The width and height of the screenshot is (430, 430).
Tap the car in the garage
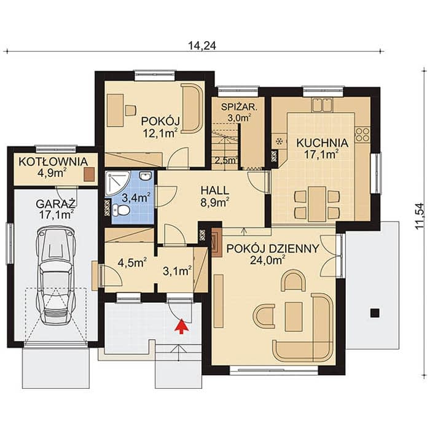[57, 275]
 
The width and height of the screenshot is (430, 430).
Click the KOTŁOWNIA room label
[53, 162]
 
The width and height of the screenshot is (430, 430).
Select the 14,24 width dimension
[202, 45]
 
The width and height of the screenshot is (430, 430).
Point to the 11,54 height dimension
[420, 216]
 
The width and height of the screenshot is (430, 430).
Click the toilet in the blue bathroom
[120, 210]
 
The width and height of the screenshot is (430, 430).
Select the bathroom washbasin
[146, 176]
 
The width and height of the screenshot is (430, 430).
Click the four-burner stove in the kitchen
[362, 135]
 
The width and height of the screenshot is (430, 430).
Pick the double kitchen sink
[322, 105]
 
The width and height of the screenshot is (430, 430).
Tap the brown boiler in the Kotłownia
[89, 174]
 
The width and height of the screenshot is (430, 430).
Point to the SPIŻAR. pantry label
[240, 107]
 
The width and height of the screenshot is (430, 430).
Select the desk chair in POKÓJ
[130, 110]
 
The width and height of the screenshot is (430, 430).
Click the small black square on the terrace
[375, 313]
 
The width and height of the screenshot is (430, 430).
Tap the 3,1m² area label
[177, 272]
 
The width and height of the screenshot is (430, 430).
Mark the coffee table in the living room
[294, 317]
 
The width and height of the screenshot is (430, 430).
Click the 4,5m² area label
[131, 262]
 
